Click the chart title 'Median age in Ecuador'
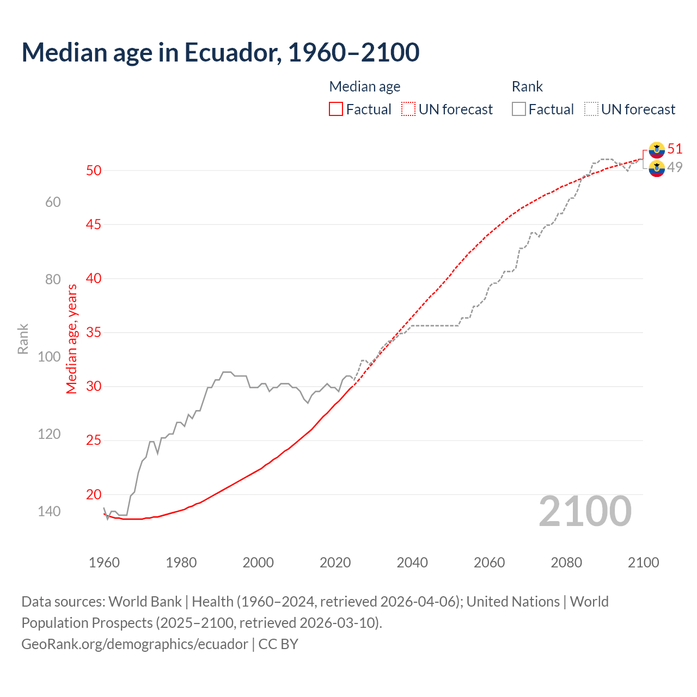(x=220, y=52)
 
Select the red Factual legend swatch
(x=336, y=109)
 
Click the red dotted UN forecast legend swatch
(x=408, y=109)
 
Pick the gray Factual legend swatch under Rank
(x=519, y=109)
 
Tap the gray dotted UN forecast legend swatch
(x=591, y=109)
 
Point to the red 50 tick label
(x=94, y=170)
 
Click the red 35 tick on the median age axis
(x=94, y=332)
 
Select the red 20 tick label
(x=94, y=494)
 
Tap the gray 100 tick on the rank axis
(x=49, y=357)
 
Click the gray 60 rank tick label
(x=53, y=202)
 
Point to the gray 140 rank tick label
(x=49, y=511)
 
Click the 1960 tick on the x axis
(x=104, y=563)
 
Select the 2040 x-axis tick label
(x=412, y=563)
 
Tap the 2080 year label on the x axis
(x=566, y=563)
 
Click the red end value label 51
(x=675, y=149)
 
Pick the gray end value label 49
(x=675, y=167)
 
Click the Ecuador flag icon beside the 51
(x=657, y=149)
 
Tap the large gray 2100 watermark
(x=585, y=511)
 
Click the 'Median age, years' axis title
(x=72, y=339)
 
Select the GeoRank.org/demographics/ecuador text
(x=134, y=644)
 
